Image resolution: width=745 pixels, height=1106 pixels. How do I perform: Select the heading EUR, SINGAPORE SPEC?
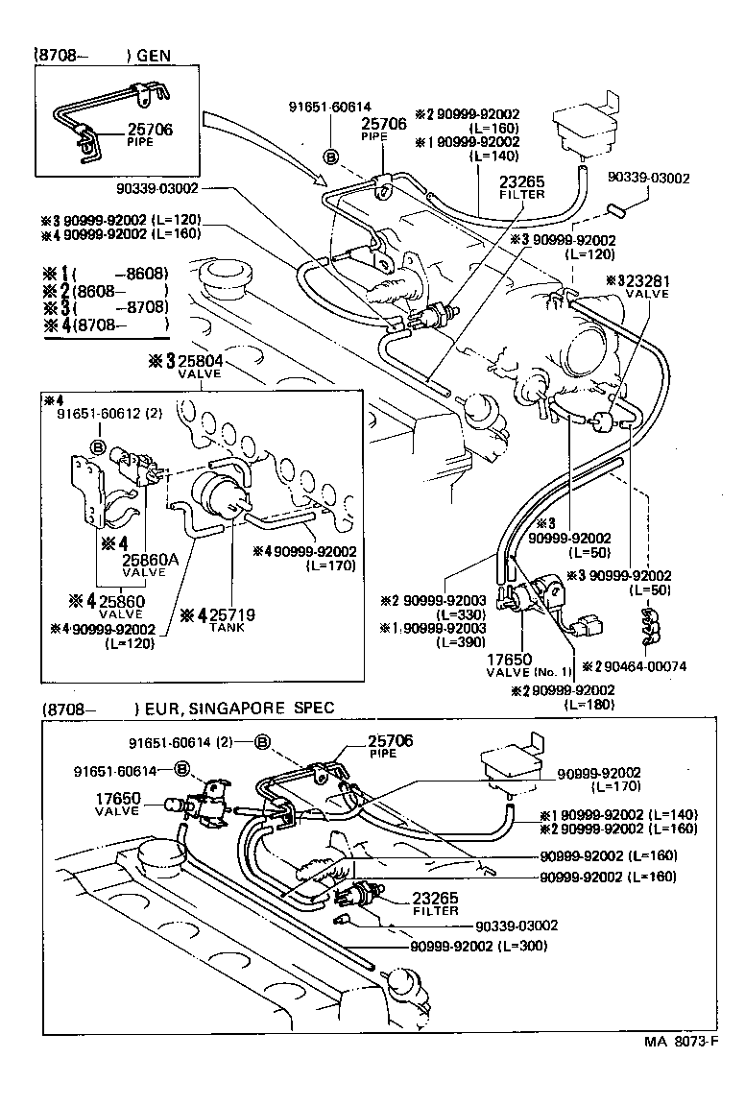[x=234, y=709]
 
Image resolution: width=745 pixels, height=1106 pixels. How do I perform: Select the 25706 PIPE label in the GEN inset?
[x=149, y=133]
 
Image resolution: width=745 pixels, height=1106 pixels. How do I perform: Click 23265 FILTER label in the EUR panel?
[x=435, y=904]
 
